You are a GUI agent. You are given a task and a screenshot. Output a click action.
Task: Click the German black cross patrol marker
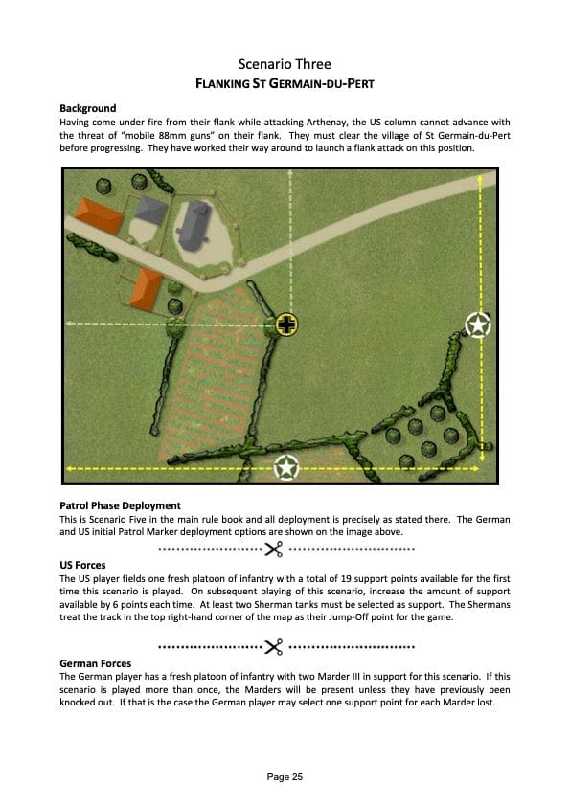(286, 325)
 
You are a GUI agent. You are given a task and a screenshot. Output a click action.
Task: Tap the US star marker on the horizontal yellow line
(286, 468)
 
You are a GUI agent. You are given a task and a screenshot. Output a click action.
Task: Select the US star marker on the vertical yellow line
(478, 325)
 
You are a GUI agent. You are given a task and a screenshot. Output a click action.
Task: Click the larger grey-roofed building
(193, 226)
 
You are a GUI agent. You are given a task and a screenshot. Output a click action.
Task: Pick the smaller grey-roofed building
(150, 210)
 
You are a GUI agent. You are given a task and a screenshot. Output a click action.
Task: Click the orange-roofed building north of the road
(100, 215)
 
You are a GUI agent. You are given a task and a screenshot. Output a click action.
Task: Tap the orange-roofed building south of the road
(147, 288)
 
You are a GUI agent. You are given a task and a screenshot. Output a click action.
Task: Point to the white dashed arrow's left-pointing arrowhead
(69, 324)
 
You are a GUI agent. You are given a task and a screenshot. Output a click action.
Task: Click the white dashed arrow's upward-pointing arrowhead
(290, 173)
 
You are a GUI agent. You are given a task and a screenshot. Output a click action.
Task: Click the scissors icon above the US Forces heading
(274, 549)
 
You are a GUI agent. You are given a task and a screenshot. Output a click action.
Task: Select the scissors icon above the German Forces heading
(274, 647)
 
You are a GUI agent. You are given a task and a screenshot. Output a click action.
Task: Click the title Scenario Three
(285, 64)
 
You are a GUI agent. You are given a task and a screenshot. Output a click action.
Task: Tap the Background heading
(88, 108)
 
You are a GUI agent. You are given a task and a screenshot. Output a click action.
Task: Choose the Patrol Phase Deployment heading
(121, 505)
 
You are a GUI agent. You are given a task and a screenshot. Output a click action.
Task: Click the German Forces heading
(96, 663)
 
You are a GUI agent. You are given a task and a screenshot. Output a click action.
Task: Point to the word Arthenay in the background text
(326, 123)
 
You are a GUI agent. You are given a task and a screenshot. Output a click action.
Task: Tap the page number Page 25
(285, 776)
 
